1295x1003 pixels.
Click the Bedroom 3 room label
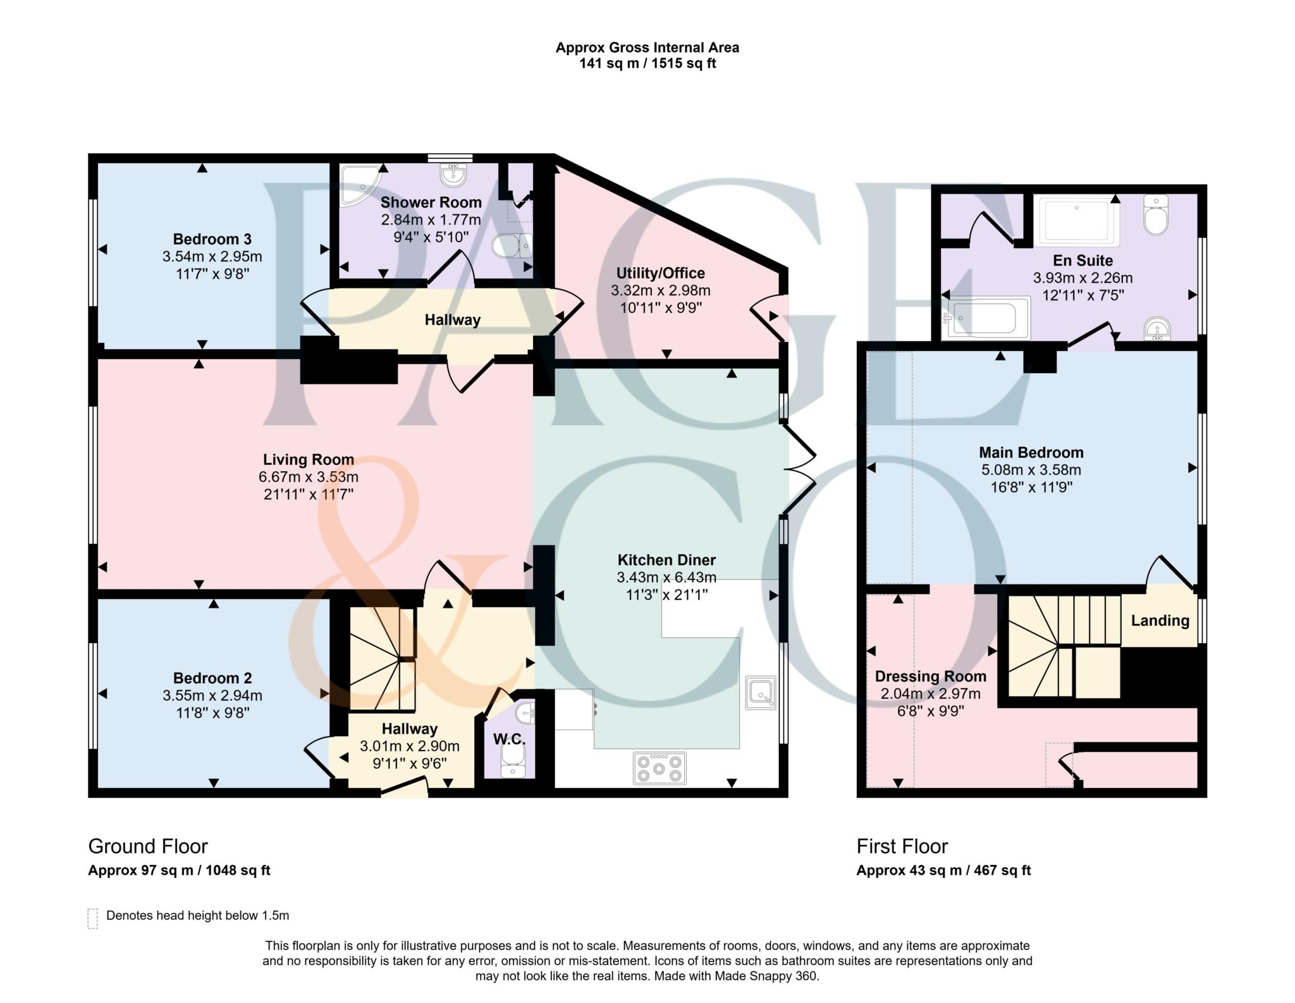[x=212, y=239]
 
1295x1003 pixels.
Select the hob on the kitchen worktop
[x=660, y=768]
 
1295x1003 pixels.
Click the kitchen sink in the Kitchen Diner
[x=760, y=692]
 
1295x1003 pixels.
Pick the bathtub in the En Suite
[x=985, y=318]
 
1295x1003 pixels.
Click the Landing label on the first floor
[x=1160, y=620]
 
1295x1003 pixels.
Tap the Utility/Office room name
[x=661, y=273]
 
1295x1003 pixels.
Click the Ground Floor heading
[x=148, y=846]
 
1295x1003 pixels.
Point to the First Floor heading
[x=902, y=846]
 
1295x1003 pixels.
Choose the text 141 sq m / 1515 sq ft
[x=647, y=63]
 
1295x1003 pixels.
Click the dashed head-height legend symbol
[x=92, y=918]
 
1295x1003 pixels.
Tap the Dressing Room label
[x=930, y=676]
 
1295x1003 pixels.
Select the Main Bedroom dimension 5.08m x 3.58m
[x=1031, y=470]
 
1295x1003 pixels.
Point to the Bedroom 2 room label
[x=212, y=678]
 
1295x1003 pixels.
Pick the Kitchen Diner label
[x=666, y=560]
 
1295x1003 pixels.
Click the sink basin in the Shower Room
[x=453, y=175]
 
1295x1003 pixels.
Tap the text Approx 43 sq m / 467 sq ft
[x=943, y=870]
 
